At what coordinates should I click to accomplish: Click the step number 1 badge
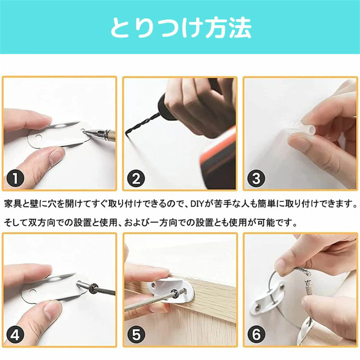[15, 178]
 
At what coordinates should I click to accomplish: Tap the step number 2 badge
[136, 178]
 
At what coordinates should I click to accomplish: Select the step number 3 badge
[256, 178]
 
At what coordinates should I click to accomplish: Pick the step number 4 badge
[15, 335]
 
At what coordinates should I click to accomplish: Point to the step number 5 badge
[136, 335]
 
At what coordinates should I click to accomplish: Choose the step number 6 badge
[256, 335]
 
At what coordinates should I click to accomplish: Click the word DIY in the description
[197, 204]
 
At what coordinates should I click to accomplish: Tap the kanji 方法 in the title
[228, 28]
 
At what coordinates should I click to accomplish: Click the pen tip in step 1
[85, 132]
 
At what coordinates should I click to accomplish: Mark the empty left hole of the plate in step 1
[38, 138]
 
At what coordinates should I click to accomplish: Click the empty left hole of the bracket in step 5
[152, 285]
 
